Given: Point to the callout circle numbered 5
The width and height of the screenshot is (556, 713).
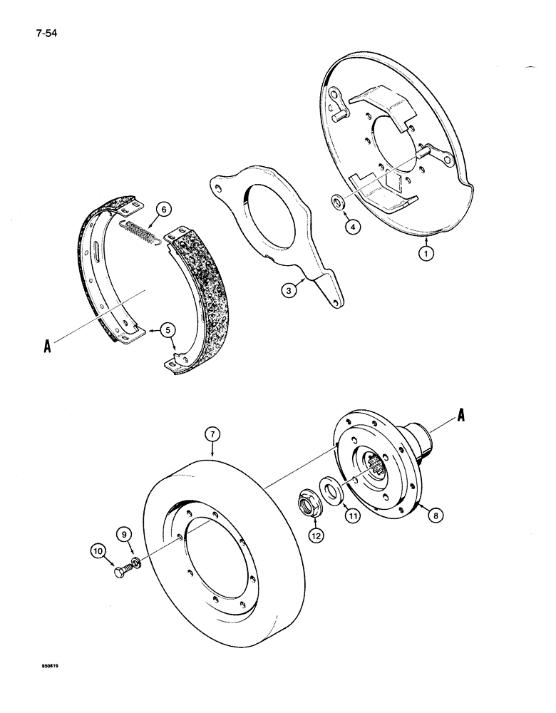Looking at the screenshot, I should pyautogui.click(x=168, y=329).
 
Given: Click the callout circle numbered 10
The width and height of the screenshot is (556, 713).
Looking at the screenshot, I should pyautogui.click(x=98, y=550).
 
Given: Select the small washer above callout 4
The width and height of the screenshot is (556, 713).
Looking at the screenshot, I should pyautogui.click(x=340, y=203).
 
